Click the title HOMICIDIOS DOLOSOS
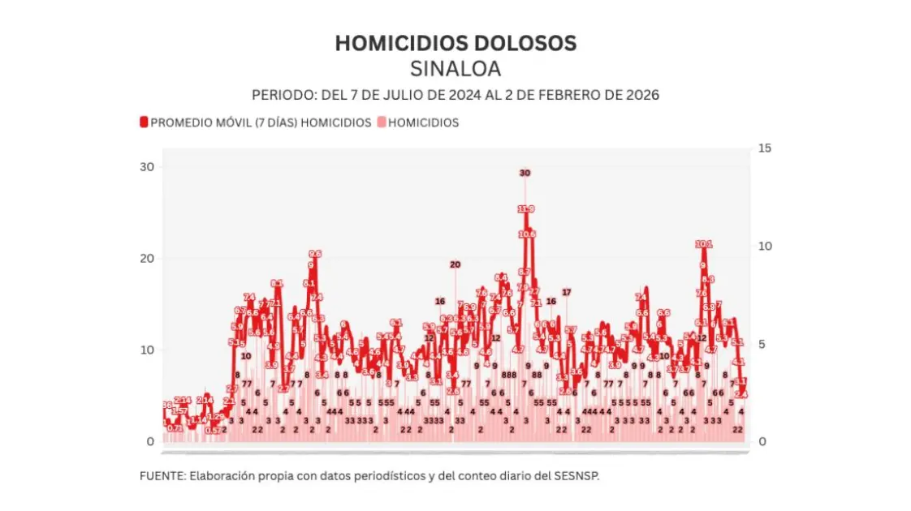point(455,43)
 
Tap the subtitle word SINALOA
point(455,68)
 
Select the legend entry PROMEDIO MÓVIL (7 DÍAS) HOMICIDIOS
point(261,122)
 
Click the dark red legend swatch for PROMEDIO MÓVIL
point(145,122)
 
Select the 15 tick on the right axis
point(764,148)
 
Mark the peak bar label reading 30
point(525,173)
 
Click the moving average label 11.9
point(526,209)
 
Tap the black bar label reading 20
point(455,264)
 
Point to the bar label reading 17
point(566,292)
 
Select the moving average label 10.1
point(704,244)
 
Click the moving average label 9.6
point(315,254)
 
